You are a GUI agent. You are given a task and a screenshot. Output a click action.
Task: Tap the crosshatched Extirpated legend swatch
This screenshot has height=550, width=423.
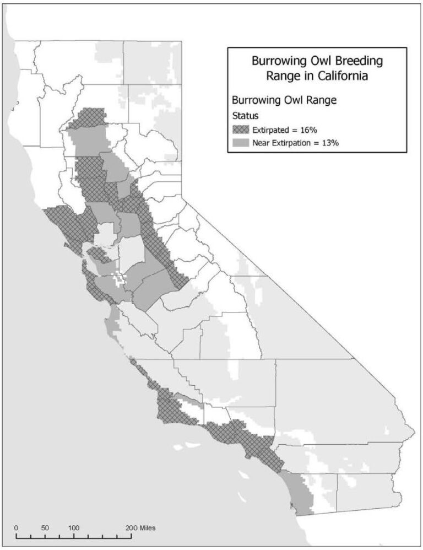point(241,130)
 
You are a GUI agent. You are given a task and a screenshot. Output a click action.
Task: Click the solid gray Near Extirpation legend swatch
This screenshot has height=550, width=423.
point(241,143)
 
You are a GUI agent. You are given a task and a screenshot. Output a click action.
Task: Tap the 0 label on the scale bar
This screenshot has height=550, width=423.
point(17,527)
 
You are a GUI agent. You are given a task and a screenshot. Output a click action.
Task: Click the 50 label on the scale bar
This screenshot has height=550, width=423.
point(45,527)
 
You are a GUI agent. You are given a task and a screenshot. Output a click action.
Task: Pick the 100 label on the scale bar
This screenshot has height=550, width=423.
point(73,527)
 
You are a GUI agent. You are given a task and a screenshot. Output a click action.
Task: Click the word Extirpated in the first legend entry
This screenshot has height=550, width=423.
point(273,130)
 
